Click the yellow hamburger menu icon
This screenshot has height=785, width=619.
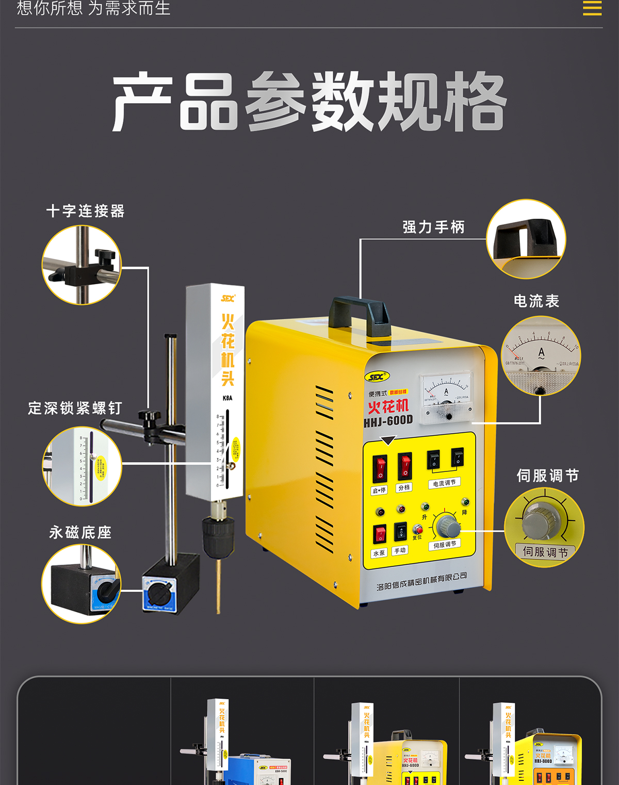[x=592, y=8]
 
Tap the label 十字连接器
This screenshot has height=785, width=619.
[x=86, y=211]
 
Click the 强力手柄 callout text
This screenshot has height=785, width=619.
[x=433, y=227]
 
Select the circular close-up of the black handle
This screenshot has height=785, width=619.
[x=526, y=239]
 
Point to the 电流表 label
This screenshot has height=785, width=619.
[x=536, y=301]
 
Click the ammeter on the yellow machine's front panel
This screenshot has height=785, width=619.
[x=447, y=396]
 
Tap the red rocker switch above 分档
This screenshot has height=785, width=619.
[x=404, y=466]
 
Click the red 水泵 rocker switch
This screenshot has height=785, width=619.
[x=380, y=534]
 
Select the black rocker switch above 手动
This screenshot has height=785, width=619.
[x=400, y=531]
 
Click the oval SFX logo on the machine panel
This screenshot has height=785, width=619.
[x=377, y=377]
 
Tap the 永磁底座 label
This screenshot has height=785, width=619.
[x=80, y=532]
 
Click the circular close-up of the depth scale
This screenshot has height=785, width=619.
[x=82, y=466]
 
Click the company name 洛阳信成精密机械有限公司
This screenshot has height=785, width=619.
[x=421, y=581]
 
